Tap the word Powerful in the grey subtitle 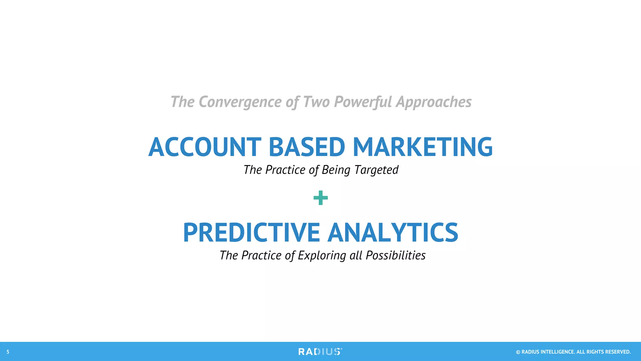pos(363,102)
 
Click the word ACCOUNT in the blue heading pos(205,147)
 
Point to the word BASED pos(307,147)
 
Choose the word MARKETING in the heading pos(423,147)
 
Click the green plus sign pos(320,198)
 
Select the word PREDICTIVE pos(251,233)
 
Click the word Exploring pos(322,256)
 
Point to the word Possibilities pos(396,256)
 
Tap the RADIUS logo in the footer pos(320,352)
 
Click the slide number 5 pos(8,352)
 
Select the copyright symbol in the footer pos(518,352)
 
